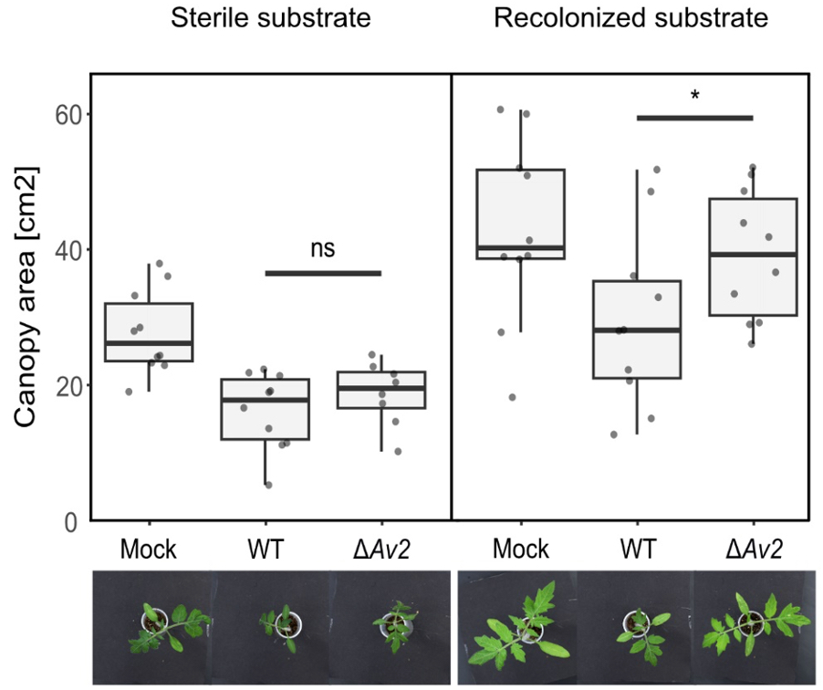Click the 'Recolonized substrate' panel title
click(x=631, y=17)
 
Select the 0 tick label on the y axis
click(x=71, y=521)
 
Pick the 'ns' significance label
click(x=322, y=250)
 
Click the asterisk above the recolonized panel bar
click(x=695, y=96)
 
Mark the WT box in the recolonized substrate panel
click(x=637, y=329)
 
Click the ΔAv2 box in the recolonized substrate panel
click(x=754, y=256)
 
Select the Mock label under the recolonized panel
click(x=521, y=549)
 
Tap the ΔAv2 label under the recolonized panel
click(x=754, y=549)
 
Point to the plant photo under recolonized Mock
click(x=517, y=627)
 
